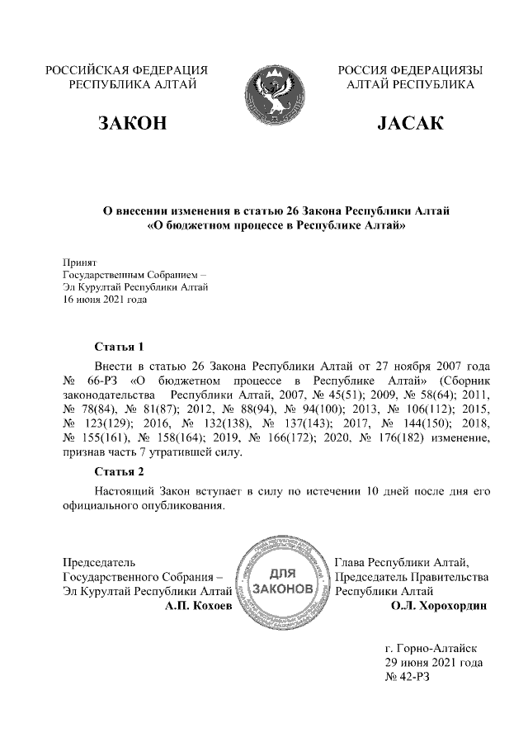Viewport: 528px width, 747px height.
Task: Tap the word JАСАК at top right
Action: pos(410,124)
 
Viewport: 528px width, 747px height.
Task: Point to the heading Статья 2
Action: pos(120,472)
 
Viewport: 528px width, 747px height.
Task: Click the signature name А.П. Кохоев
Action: pos(199,606)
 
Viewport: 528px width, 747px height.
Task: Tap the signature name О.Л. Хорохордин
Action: pos(439,606)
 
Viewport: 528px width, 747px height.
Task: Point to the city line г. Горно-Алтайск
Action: pos(432,647)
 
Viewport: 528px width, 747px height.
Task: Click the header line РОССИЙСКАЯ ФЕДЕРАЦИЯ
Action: pos(126,70)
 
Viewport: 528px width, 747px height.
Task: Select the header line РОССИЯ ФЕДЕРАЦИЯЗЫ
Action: pos(410,70)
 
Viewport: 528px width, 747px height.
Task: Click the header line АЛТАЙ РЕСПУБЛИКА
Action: pos(410,84)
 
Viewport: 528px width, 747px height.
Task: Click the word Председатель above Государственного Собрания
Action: pos(100,562)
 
